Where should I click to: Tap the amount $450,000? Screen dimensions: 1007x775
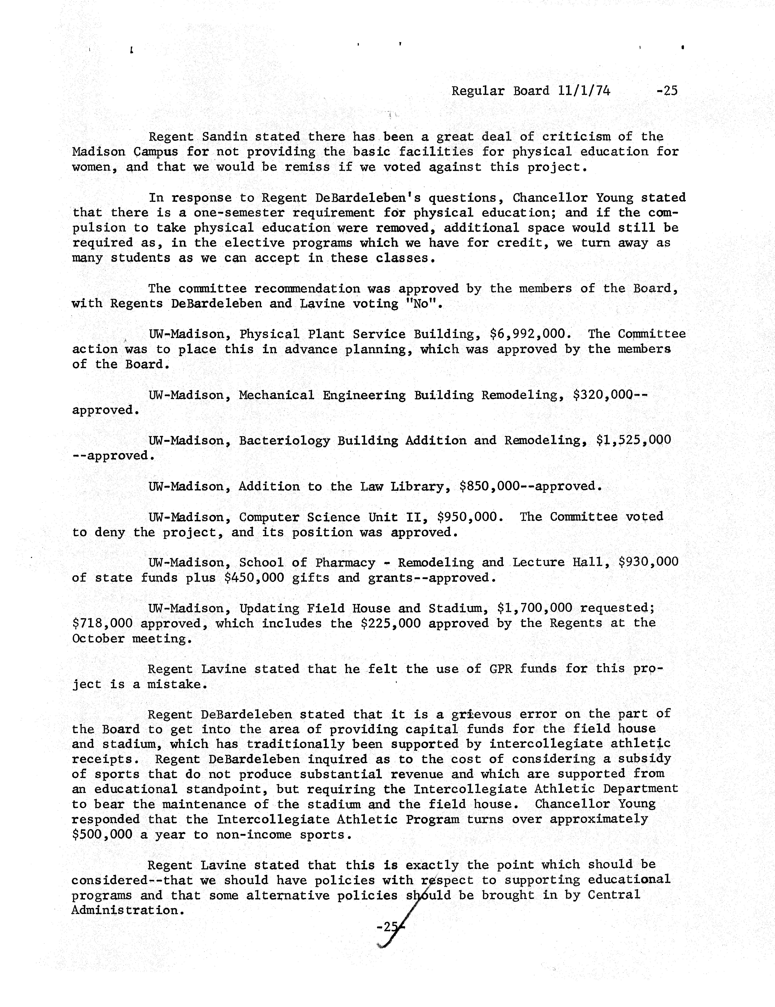254,578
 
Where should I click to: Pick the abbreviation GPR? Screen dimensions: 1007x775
497,669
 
